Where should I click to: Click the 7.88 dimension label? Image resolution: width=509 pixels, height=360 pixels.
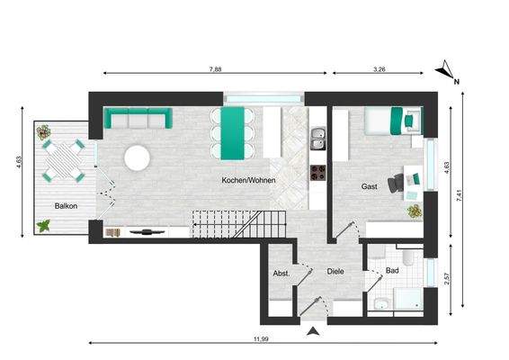pyautogui.click(x=215, y=67)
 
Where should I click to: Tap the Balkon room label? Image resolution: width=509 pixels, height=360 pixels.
pyautogui.click(x=66, y=206)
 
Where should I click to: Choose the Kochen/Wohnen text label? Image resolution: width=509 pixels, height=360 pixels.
pyautogui.click(x=248, y=180)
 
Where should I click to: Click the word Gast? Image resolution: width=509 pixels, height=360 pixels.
pyautogui.click(x=369, y=186)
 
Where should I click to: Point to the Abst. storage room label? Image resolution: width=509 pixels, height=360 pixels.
pyautogui.click(x=281, y=272)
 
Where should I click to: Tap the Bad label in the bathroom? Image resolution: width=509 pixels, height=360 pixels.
pyautogui.click(x=391, y=269)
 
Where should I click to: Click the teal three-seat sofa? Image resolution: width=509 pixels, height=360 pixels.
pyautogui.click(x=138, y=119)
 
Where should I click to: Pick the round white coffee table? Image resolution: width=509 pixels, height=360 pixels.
pyautogui.click(x=138, y=158)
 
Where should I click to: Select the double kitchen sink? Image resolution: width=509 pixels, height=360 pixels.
pyautogui.click(x=317, y=138)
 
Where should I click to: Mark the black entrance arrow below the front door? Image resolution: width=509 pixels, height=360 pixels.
pyautogui.click(x=312, y=332)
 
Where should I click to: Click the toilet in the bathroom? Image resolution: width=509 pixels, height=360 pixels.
pyautogui.click(x=407, y=261)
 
